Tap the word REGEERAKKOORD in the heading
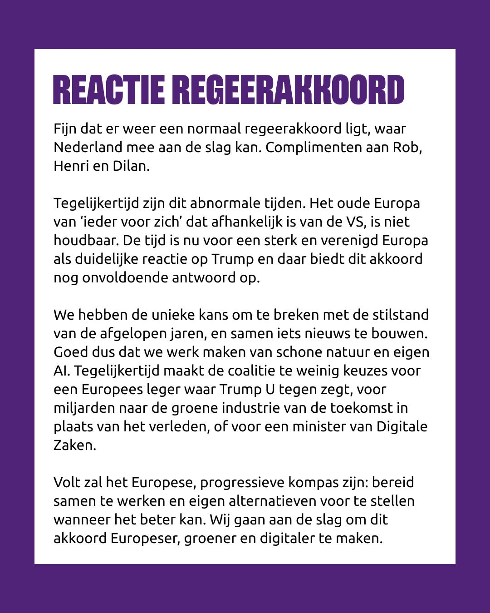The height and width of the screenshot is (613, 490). [x=288, y=90]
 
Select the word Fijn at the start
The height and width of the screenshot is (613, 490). [x=65, y=129]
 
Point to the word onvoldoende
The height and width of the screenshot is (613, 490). [x=125, y=277]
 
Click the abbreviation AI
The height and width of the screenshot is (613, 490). [x=61, y=371]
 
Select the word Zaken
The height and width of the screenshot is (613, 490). [x=74, y=445]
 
